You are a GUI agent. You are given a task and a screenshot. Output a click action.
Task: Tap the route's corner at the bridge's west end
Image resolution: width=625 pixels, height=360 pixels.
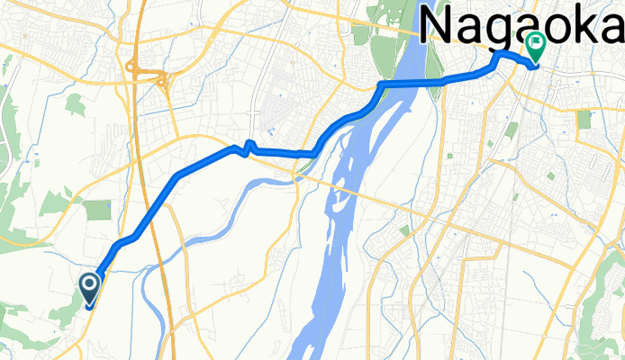tap(382, 85)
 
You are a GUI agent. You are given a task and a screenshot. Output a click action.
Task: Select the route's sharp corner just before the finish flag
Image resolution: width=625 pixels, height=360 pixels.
tap(498, 56)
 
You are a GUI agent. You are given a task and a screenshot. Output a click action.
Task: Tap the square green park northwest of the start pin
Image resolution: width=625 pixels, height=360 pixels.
tap(96, 210)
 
